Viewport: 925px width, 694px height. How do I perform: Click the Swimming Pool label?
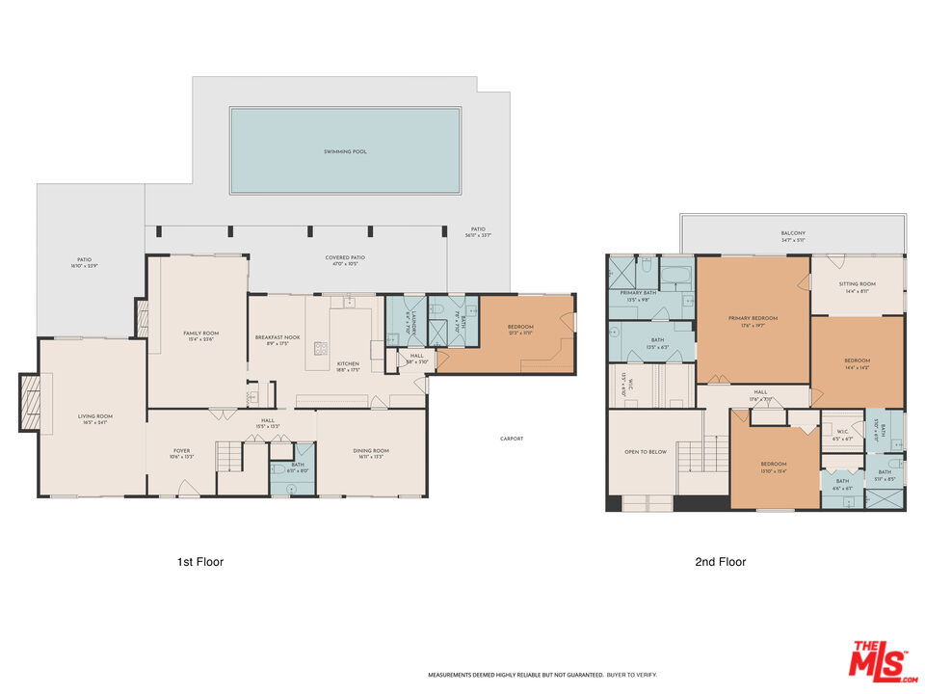pos(345,151)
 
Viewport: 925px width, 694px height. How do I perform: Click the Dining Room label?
pos(370,453)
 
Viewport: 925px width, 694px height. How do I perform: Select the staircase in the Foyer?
pos(228,456)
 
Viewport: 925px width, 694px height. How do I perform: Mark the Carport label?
pos(512,439)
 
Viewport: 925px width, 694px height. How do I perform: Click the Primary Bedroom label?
pos(753,320)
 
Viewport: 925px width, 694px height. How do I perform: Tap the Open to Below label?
pos(645,451)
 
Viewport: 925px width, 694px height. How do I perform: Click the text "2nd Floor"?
pos(720,562)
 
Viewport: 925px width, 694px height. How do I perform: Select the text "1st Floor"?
pos(199,562)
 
